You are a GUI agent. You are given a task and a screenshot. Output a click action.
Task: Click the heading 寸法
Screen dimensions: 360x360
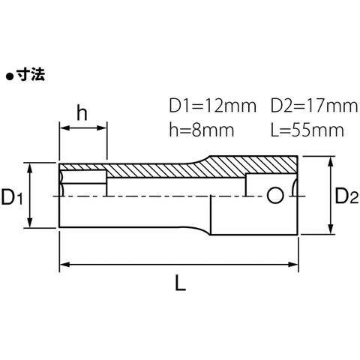pyautogui.click(x=31, y=75)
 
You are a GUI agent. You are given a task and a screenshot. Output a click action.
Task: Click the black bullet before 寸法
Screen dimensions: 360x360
pyautogui.click(x=10, y=76)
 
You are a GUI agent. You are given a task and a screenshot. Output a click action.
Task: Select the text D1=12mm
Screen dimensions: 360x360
pyautogui.click(x=213, y=106)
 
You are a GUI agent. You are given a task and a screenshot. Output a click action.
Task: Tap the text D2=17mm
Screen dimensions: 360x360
pyautogui.click(x=314, y=106)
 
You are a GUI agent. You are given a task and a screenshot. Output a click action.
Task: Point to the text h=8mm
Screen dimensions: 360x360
pyautogui.click(x=202, y=130)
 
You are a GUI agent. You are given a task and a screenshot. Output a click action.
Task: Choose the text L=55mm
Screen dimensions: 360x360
pyautogui.click(x=307, y=130)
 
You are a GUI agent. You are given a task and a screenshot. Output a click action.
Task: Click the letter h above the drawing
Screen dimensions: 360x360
pyautogui.click(x=82, y=113)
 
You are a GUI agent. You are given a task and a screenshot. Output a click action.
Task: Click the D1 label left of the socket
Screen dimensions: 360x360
pyautogui.click(x=12, y=196)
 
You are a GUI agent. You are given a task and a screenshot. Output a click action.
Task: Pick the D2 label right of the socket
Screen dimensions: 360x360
pyautogui.click(x=346, y=196)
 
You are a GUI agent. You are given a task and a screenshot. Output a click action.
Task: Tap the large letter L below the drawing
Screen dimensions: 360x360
pyautogui.click(x=180, y=283)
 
